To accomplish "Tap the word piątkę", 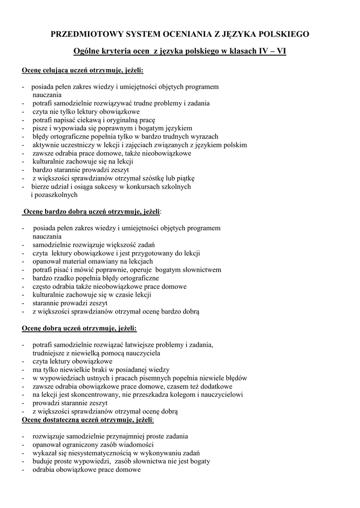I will (185, 178).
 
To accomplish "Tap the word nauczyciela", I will (140, 353).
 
